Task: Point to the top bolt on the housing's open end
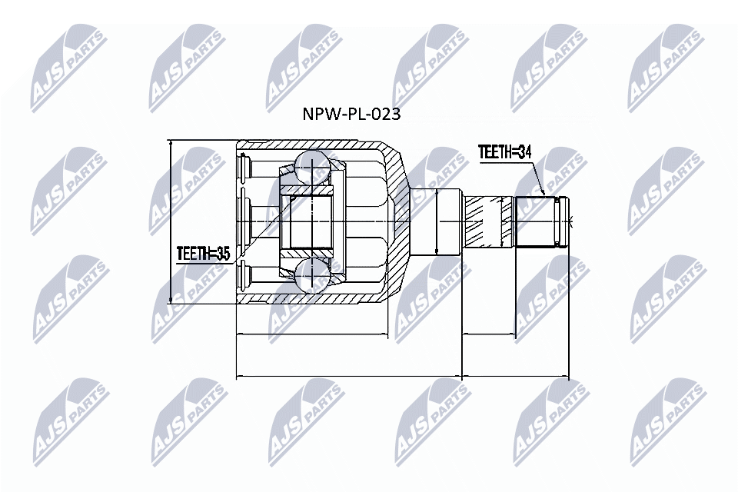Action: pyautogui.click(x=245, y=166)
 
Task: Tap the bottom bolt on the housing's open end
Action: pyautogui.click(x=245, y=274)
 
